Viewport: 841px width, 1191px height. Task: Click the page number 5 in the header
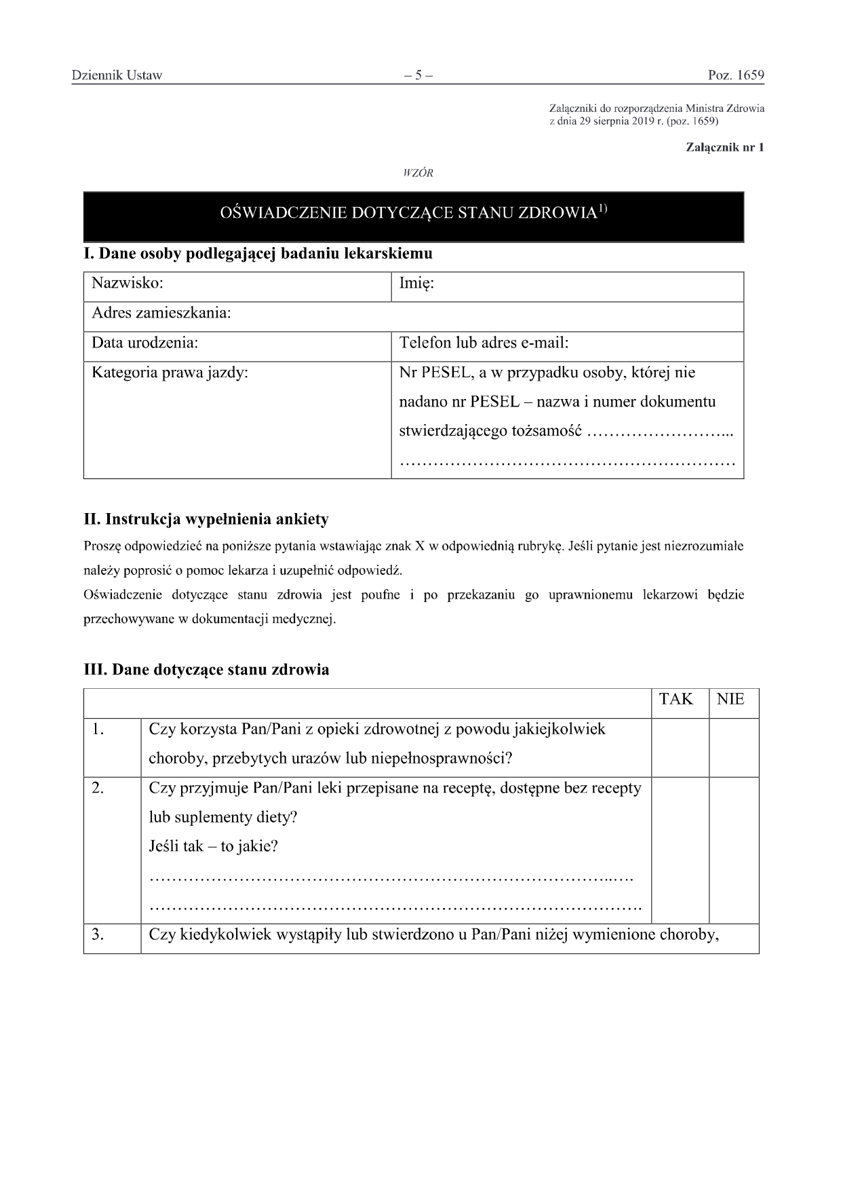pyautogui.click(x=418, y=75)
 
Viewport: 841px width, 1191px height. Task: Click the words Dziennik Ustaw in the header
pyautogui.click(x=117, y=75)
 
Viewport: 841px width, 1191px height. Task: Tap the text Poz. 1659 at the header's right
pyautogui.click(x=736, y=75)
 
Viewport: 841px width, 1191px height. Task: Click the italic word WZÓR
pyautogui.click(x=418, y=173)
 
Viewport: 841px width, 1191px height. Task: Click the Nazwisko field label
pyautogui.click(x=128, y=283)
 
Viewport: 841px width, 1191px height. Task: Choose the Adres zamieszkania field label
pyautogui.click(x=161, y=313)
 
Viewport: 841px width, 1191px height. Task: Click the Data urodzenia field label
pyautogui.click(x=144, y=343)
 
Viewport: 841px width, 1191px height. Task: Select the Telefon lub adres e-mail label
pyautogui.click(x=484, y=343)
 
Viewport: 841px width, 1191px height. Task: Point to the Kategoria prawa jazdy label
pyautogui.click(x=170, y=373)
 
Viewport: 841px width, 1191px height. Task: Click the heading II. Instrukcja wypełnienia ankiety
pyautogui.click(x=206, y=520)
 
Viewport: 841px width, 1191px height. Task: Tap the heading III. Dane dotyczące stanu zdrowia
pyautogui.click(x=206, y=670)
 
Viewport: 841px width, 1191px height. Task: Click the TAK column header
pyautogui.click(x=676, y=700)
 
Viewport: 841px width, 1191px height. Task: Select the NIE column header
pyautogui.click(x=730, y=700)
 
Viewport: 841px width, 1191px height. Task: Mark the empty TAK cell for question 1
pyautogui.click(x=680, y=747)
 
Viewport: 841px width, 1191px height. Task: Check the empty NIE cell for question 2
pyautogui.click(x=734, y=850)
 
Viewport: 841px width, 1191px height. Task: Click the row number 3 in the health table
pyautogui.click(x=98, y=934)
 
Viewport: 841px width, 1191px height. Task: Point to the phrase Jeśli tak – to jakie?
pyautogui.click(x=214, y=846)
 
